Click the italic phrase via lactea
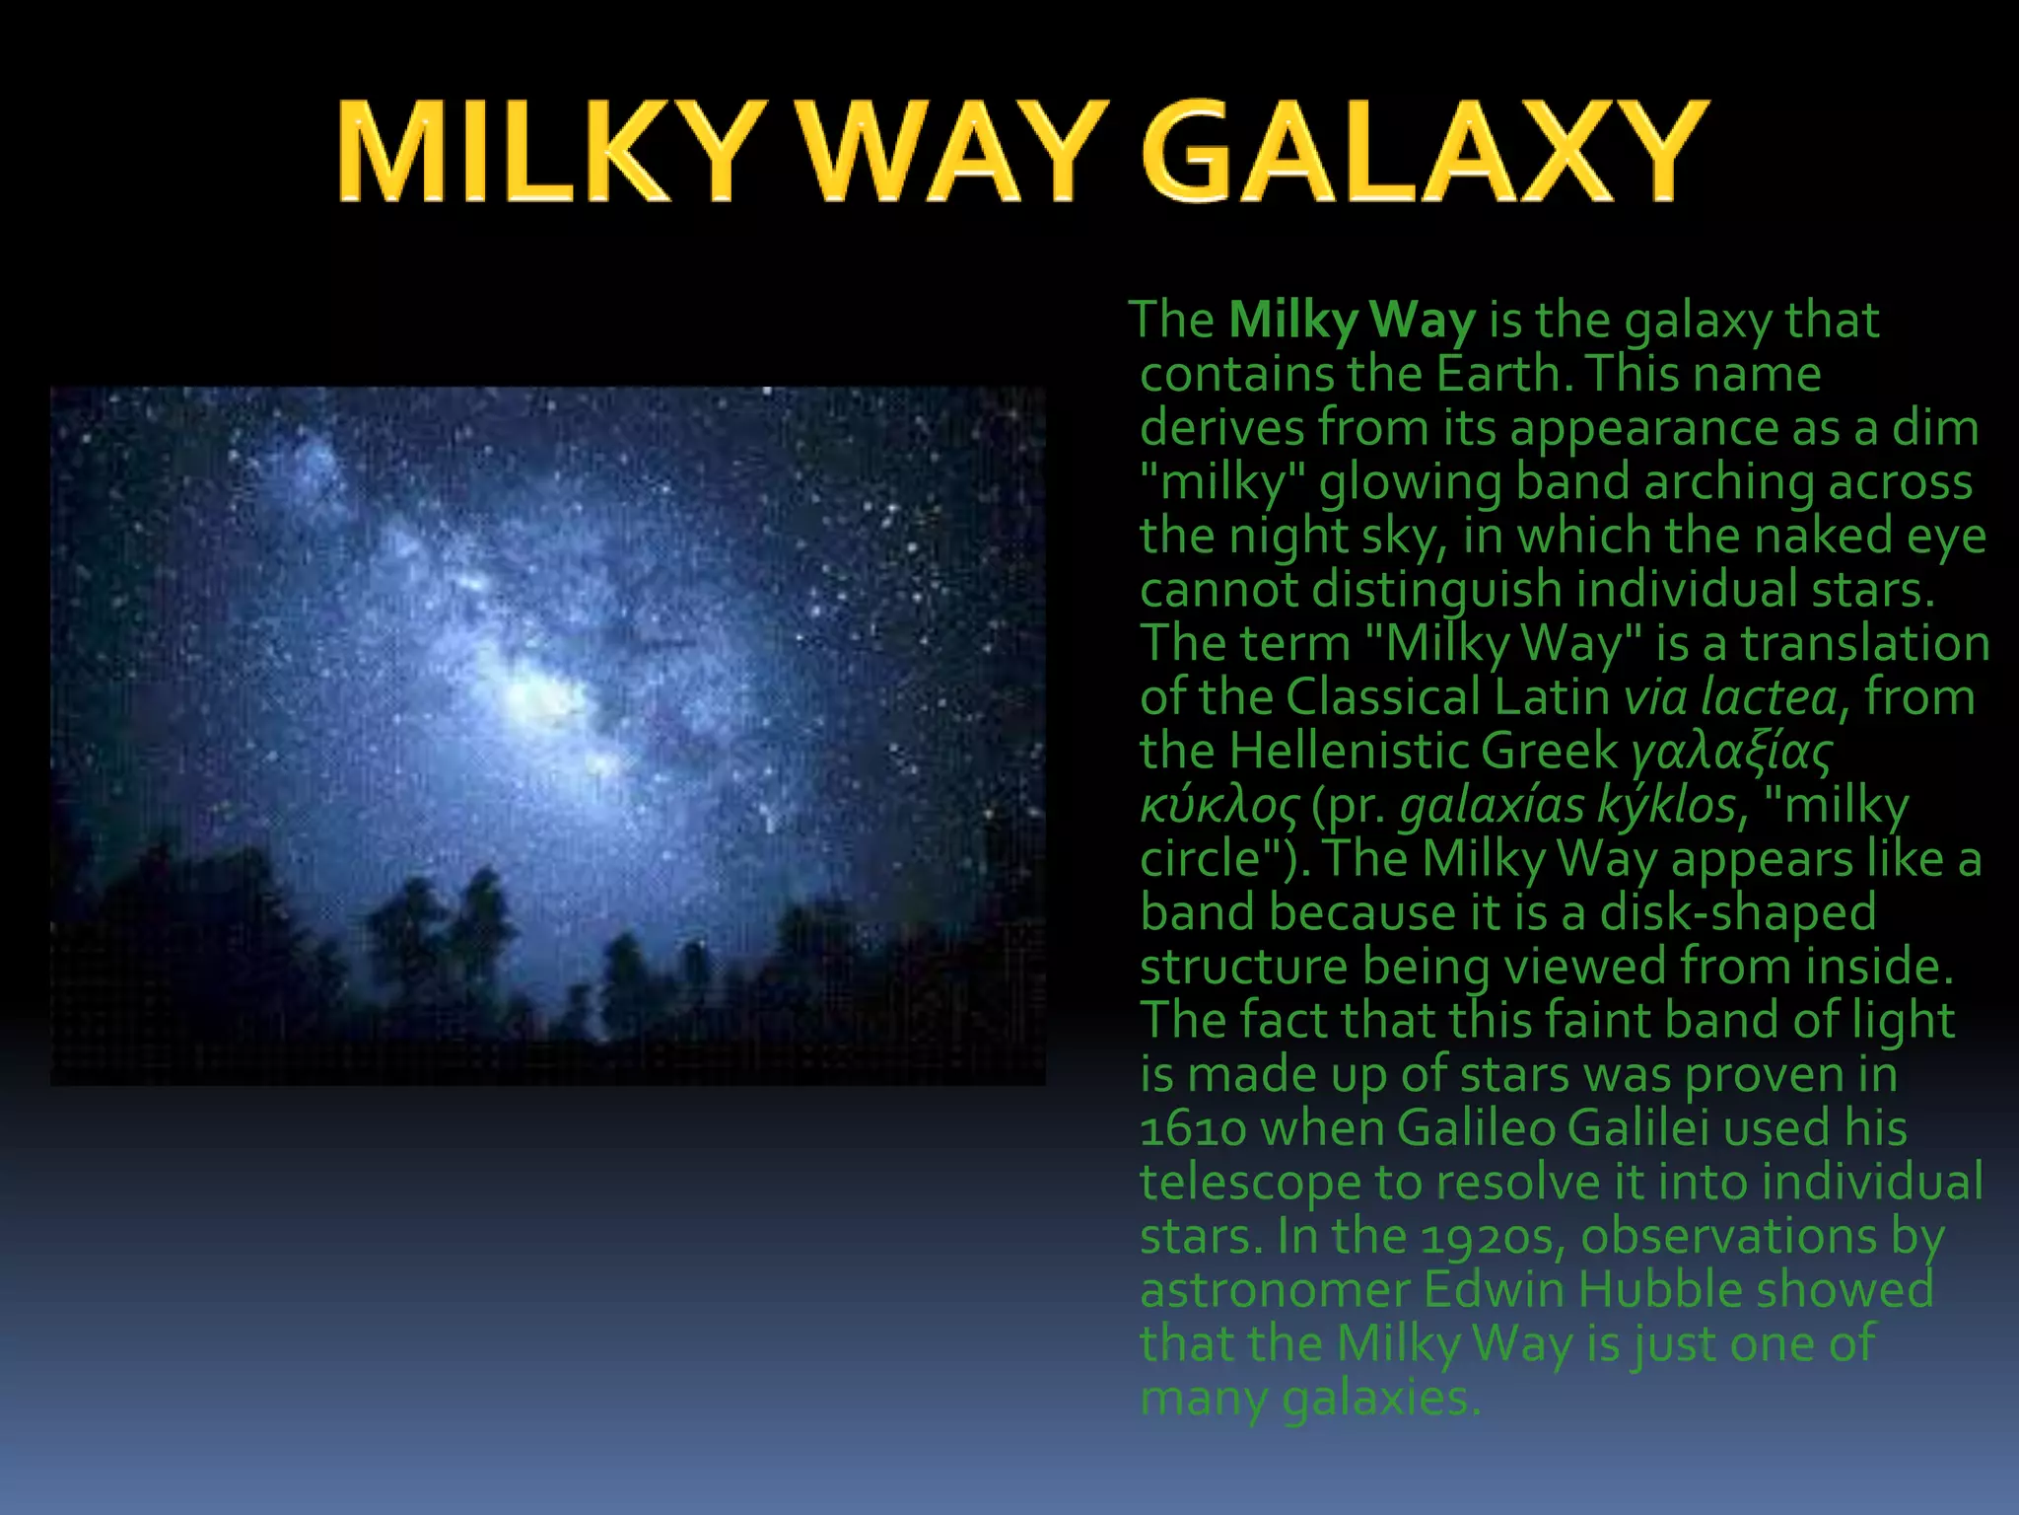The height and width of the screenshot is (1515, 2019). click(1730, 697)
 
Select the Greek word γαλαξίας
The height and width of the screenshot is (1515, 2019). click(1731, 753)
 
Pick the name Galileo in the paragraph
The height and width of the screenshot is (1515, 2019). click(1475, 1128)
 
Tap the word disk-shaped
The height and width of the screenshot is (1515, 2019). click(1737, 913)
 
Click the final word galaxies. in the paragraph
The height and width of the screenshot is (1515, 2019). click(1380, 1399)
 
